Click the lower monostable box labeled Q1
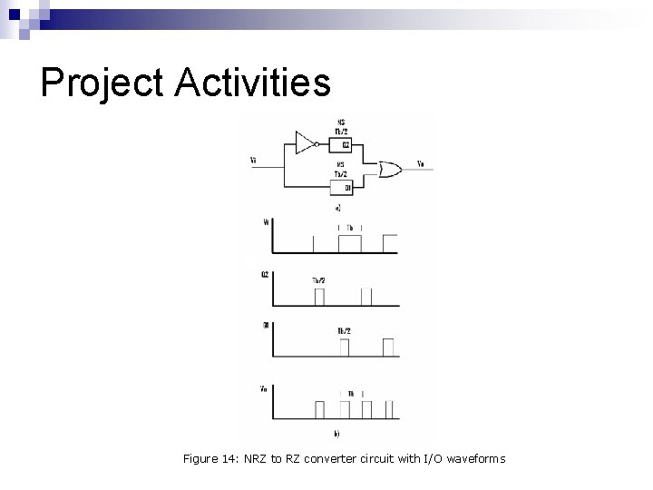click(344, 188)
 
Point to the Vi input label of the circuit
click(253, 162)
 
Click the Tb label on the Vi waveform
click(349, 228)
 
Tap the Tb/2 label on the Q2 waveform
click(318, 281)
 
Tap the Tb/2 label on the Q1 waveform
click(344, 330)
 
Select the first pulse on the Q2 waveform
click(318, 297)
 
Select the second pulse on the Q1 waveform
click(389, 347)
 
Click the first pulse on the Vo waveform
click(318, 407)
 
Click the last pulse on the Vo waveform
click(390, 407)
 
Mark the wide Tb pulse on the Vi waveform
click(349, 243)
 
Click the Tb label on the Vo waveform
click(351, 393)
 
